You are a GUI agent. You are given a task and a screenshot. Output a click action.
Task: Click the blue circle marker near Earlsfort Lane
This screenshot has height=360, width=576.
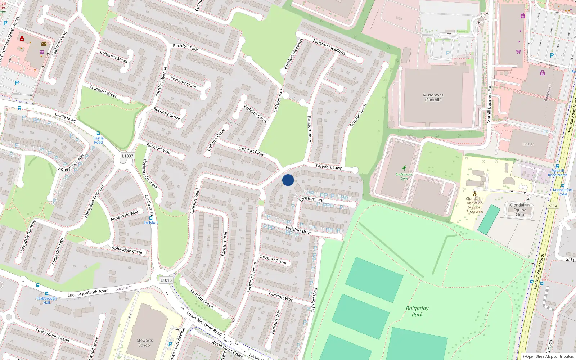click(x=288, y=180)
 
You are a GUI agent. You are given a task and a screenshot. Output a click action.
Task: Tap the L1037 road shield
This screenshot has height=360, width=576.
click(x=127, y=156)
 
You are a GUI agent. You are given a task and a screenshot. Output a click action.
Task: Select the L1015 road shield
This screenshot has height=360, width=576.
click(x=166, y=280)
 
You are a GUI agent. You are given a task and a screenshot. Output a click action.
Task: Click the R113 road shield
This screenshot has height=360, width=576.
click(x=553, y=205)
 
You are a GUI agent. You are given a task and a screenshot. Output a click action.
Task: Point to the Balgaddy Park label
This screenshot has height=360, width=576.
click(x=417, y=311)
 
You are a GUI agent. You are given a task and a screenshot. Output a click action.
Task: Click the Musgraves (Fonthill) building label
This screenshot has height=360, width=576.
click(x=433, y=98)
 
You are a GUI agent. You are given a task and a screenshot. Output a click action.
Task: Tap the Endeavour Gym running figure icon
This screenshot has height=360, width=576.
click(x=404, y=168)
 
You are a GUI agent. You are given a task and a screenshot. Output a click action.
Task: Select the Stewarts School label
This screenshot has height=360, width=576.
click(x=145, y=343)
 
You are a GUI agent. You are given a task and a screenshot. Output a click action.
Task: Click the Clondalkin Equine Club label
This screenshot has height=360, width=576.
click(x=519, y=210)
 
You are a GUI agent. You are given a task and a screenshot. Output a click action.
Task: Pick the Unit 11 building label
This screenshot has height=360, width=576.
click(x=528, y=144)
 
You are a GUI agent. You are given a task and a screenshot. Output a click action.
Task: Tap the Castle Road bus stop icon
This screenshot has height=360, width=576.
click(x=98, y=133)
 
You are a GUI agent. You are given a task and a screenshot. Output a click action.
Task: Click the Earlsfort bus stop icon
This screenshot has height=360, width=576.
click(x=150, y=218)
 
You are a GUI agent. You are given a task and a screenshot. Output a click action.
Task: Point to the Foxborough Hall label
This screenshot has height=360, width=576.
click(x=46, y=300)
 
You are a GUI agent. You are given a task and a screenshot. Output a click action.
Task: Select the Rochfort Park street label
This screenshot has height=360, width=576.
click(x=185, y=48)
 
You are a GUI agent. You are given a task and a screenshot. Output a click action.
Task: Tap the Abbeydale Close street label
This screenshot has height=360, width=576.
click(x=127, y=250)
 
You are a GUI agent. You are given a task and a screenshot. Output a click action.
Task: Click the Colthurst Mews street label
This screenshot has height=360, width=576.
click(x=114, y=57)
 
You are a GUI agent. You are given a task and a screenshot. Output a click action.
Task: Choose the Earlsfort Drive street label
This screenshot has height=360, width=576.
click(x=298, y=230)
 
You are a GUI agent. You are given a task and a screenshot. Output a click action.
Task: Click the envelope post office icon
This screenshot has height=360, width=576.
click(x=44, y=44)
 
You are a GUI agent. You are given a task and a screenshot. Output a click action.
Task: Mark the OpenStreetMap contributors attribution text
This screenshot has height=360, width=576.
click(x=548, y=356)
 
